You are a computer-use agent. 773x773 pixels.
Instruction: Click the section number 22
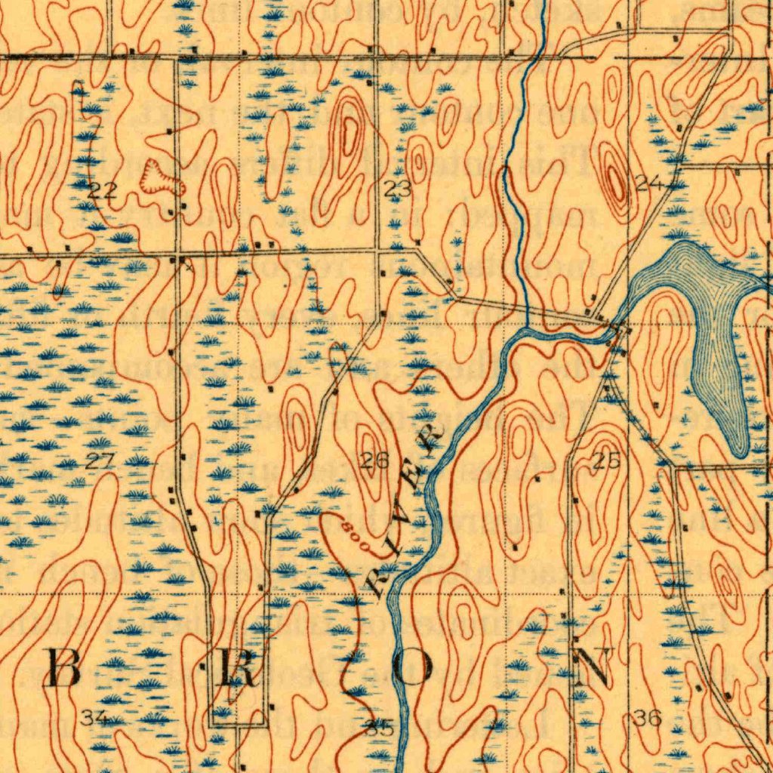102,190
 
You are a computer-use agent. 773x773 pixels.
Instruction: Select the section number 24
648,182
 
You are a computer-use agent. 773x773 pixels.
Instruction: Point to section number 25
605,462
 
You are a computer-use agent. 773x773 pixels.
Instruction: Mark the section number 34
94,718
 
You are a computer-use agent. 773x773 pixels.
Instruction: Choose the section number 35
378,728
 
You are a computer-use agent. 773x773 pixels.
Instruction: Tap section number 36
648,719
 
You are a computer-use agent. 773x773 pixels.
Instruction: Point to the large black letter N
591,667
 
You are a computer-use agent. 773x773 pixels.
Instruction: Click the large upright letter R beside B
236,667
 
